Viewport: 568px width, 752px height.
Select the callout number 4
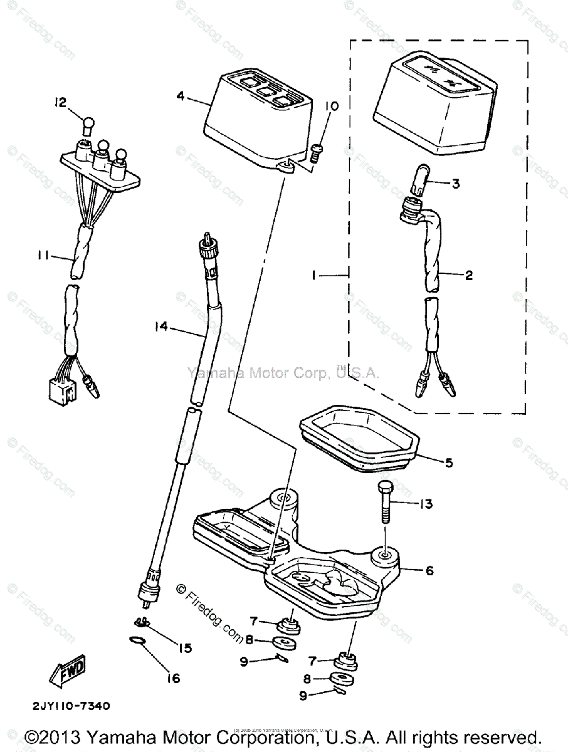tap(181, 96)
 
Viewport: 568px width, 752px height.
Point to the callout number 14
tap(162, 325)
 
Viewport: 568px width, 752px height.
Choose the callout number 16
tap(172, 678)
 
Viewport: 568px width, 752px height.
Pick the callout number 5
tap(449, 464)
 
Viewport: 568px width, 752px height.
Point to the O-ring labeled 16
tap(139, 641)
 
